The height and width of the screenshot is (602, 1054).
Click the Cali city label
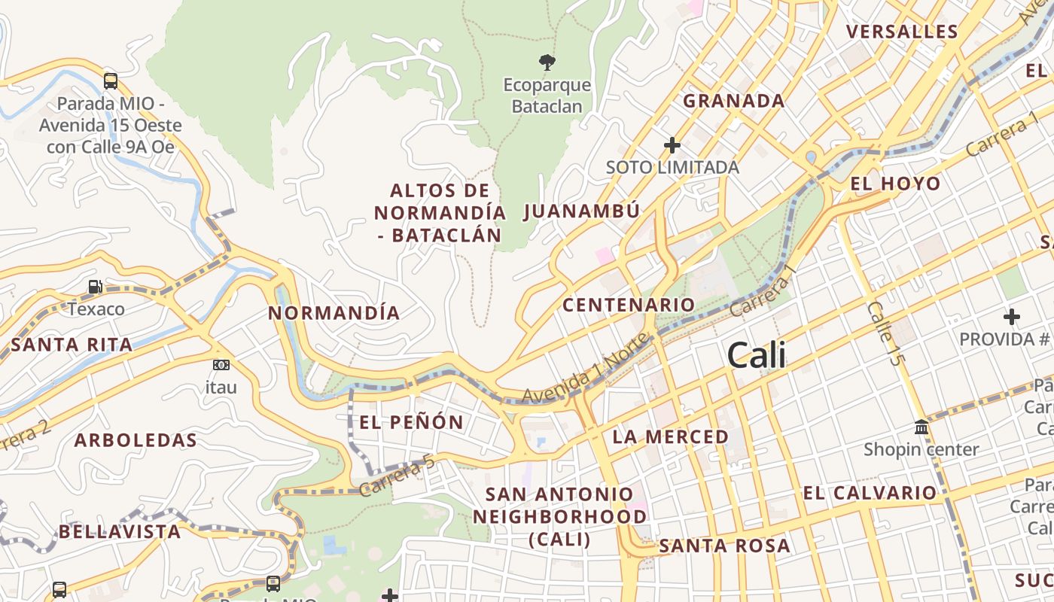coord(757,355)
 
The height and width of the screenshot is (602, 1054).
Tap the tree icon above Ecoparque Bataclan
coord(547,62)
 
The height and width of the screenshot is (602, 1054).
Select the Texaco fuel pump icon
coord(96,287)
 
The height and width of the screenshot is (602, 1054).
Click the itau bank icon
coord(221,365)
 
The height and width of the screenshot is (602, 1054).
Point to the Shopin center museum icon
coord(921,427)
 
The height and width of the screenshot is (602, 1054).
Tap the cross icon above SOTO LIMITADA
coord(672,144)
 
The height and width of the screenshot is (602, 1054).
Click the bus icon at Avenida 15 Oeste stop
coord(111,81)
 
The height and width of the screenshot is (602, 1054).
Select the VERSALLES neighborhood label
coord(902,32)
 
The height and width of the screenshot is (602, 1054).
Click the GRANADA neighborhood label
coord(733,101)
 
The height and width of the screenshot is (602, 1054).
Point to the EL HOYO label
coord(895,184)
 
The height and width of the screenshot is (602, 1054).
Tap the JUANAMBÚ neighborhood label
coord(581,211)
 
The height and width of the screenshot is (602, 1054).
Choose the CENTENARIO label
coord(629,305)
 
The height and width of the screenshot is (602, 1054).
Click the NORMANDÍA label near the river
coord(334,313)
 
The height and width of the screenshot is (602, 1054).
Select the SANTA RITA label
coord(72,345)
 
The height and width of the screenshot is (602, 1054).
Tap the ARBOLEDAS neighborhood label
coord(136,440)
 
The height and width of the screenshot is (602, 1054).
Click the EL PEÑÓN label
coord(411,422)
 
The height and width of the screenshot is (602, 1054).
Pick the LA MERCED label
coord(670,436)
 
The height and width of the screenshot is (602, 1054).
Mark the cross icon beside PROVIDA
coord(1012,317)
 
